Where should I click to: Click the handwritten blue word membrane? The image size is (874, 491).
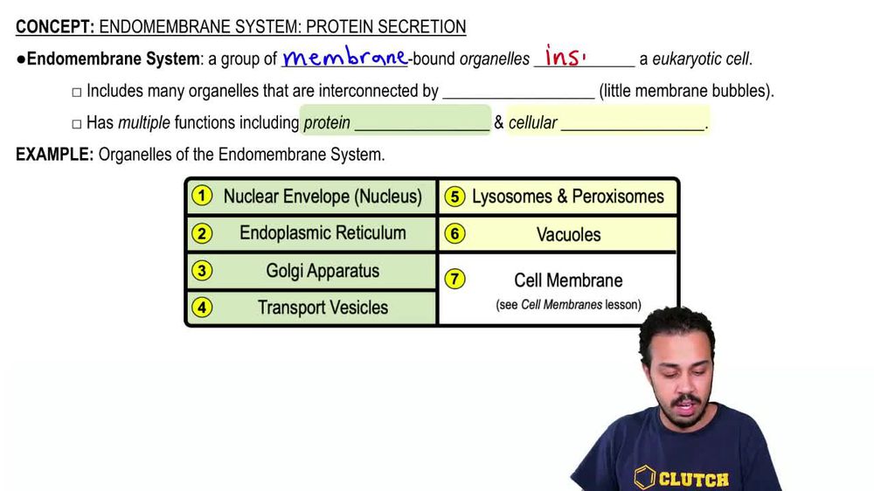pos(344,59)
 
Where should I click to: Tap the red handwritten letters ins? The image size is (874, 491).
pos(564,57)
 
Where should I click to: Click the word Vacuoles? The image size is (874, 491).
pos(568,234)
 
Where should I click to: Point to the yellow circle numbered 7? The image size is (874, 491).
pos(454,280)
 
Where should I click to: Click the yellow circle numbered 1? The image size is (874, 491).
pos(202,196)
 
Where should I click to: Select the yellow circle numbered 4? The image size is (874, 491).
pos(202,308)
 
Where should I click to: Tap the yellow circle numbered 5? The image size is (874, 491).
pos(454,197)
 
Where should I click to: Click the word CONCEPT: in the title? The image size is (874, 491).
pos(54,27)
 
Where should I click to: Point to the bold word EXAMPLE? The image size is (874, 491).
pos(54,155)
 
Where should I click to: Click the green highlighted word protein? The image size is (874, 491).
pos(327,123)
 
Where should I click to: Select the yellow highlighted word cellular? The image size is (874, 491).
pos(532,123)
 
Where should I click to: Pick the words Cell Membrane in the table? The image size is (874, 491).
pos(568,280)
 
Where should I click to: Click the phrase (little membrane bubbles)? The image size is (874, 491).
pos(686,91)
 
